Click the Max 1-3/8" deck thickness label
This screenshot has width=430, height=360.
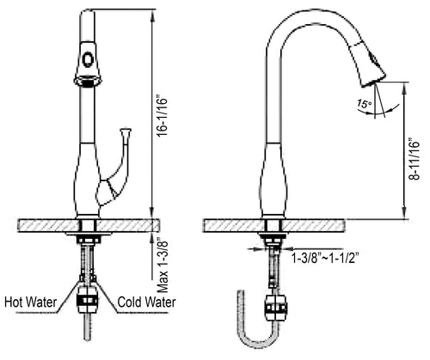coord(161,260)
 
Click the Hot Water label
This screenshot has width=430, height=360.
coord(32,302)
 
